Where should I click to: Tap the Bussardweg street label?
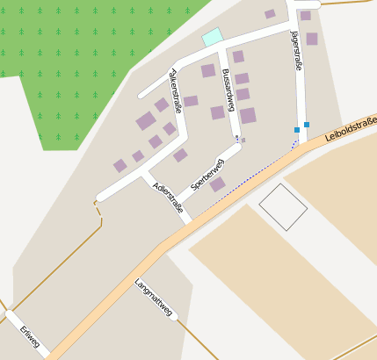(x=228, y=90)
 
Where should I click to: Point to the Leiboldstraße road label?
(x=350, y=129)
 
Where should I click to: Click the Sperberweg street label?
(x=207, y=175)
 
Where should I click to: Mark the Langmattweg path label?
(x=153, y=297)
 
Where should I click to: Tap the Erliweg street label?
(x=30, y=336)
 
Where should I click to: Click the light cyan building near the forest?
(x=212, y=37)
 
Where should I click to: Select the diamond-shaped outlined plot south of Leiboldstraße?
(x=283, y=207)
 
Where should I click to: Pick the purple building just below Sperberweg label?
(x=217, y=184)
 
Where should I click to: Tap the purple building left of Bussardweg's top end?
(x=208, y=70)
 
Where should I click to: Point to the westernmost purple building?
(x=120, y=165)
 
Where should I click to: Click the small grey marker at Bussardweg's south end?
(x=243, y=140)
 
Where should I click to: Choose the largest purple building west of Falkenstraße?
(x=145, y=121)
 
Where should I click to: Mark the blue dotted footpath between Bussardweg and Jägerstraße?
(x=255, y=172)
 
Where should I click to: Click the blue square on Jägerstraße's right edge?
(x=307, y=125)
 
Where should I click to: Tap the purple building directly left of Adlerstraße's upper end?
(x=138, y=156)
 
